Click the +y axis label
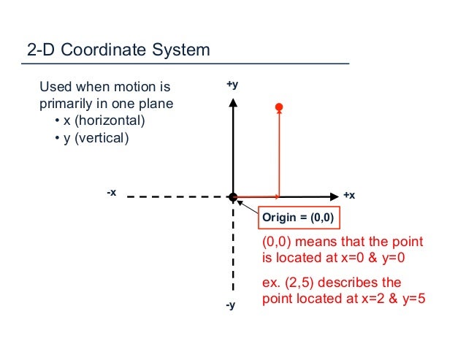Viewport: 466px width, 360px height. (x=232, y=85)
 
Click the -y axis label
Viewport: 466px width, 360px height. (x=231, y=305)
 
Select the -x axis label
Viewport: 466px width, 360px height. (x=111, y=192)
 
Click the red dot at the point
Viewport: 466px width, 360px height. (x=279, y=108)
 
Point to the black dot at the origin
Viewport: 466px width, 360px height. (x=232, y=196)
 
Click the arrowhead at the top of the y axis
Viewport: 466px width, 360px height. (x=232, y=102)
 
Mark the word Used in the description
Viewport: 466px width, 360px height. (x=53, y=88)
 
